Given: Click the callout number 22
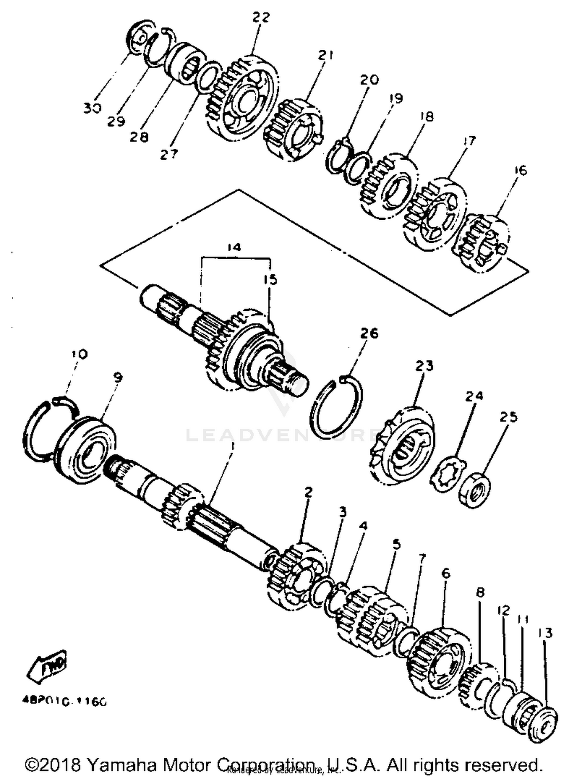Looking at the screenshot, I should tap(261, 17).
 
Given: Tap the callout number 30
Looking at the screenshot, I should tap(93, 108).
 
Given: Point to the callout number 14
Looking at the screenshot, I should tap(234, 248).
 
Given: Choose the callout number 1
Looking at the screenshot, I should tap(232, 447).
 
